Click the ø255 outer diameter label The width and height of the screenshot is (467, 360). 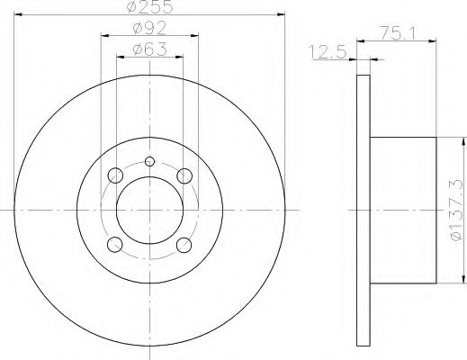click(x=149, y=10)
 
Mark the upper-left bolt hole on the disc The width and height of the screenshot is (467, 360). click(x=114, y=175)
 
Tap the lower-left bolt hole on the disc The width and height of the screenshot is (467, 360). click(x=114, y=245)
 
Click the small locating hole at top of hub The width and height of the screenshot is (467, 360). click(x=149, y=162)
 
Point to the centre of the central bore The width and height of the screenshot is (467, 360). click(x=149, y=210)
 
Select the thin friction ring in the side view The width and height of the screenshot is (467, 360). click(x=364, y=210)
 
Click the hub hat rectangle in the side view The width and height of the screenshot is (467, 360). click(x=403, y=210)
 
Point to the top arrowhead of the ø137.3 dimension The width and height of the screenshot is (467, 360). click(x=462, y=139)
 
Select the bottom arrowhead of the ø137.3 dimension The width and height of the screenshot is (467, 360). click(x=462, y=280)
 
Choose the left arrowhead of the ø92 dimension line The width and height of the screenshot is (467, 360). click(x=101, y=37)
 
